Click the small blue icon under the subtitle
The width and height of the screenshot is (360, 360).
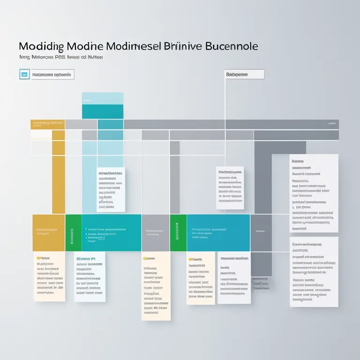[24, 74]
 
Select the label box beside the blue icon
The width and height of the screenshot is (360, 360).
[52, 74]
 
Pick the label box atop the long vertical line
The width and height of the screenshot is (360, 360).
[243, 74]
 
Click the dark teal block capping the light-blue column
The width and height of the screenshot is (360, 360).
[103, 112]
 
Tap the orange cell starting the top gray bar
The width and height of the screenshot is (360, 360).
[47, 124]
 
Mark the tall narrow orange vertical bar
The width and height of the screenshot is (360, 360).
[58, 173]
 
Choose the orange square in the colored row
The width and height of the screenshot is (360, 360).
[48, 232]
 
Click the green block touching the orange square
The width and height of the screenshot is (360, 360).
[73, 232]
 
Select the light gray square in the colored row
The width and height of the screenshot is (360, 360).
[155, 232]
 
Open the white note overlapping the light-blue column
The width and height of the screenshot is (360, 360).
[111, 189]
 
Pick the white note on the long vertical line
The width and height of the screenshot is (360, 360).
[230, 187]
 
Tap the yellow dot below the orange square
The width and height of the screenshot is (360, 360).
[37, 258]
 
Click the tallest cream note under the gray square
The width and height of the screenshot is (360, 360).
[156, 286]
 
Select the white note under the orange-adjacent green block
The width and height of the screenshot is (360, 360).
[90, 277]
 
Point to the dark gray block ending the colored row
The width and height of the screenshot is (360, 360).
[261, 232]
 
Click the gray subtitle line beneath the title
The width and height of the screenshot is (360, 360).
[61, 57]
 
